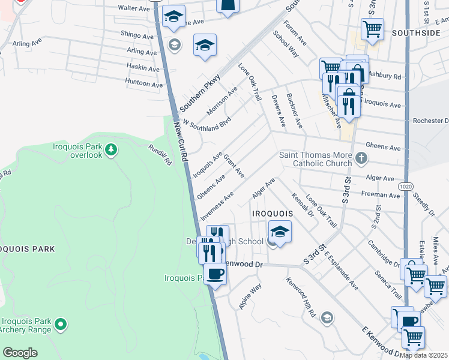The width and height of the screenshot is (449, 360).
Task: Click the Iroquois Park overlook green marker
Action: (x=110, y=149)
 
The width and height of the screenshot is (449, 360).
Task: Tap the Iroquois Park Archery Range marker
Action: (x=61, y=325)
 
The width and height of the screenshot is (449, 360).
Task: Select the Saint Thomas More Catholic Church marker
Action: (x=360, y=158)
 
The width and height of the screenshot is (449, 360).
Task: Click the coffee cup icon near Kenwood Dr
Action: (x=215, y=274)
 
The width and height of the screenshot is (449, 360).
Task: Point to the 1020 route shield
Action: (x=406, y=187)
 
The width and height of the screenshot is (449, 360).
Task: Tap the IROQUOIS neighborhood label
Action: (x=273, y=214)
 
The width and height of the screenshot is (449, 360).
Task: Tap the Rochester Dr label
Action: (x=430, y=121)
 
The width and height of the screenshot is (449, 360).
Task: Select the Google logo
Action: (x=20, y=353)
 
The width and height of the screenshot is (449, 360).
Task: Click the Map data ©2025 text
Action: (x=424, y=355)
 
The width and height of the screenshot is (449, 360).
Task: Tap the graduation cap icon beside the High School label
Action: (x=280, y=230)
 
